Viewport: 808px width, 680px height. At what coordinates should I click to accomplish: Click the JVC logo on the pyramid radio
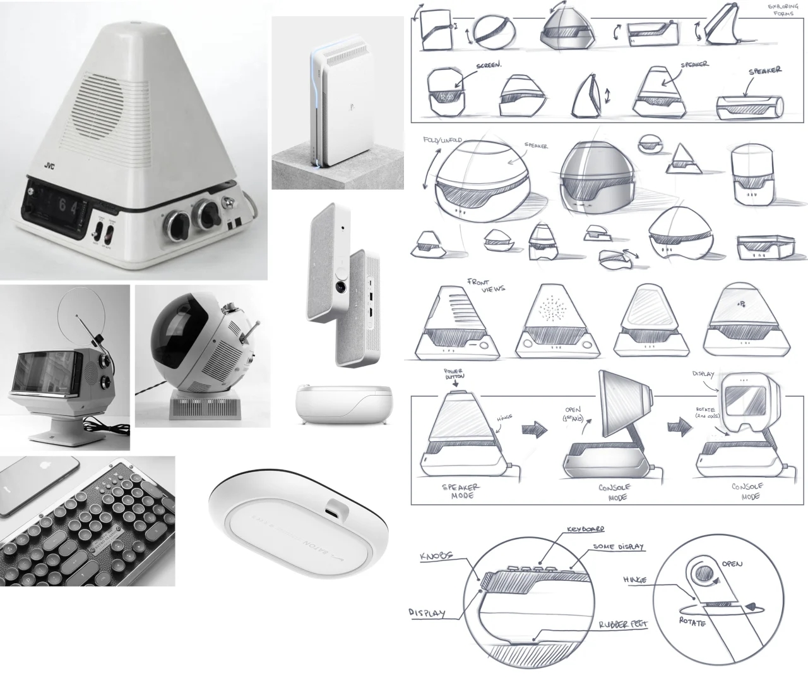click(x=49, y=166)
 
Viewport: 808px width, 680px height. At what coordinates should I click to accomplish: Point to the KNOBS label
click(x=435, y=557)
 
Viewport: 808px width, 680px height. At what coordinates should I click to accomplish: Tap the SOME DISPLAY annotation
click(x=619, y=547)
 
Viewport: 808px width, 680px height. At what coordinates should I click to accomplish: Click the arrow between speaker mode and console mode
click(x=535, y=430)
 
